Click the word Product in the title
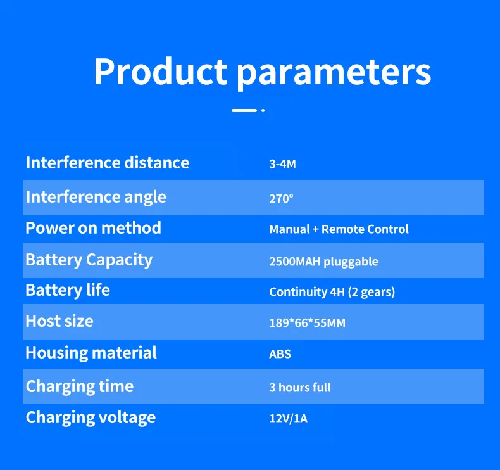160,71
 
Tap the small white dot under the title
263,110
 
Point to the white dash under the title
244,110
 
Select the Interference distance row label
108,162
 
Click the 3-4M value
282,164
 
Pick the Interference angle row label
96,197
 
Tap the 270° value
281,198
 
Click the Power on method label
94,228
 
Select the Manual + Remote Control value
339,229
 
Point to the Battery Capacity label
89,260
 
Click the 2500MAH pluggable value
323,262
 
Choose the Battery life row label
68,291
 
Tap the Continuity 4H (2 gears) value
332,292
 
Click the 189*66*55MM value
308,322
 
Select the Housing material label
91,353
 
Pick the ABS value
280,354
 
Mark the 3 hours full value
300,388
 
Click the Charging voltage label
91,417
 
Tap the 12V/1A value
289,419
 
